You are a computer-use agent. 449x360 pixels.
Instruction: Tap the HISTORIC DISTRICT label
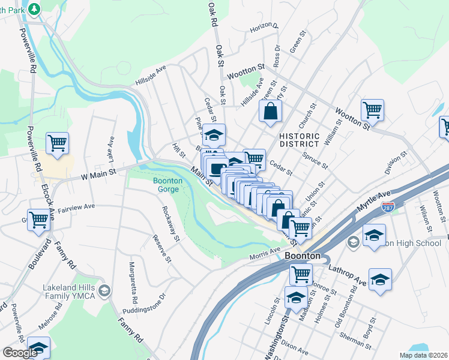pyautogui.click(x=299, y=140)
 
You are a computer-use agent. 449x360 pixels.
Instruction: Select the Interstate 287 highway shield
pyautogui.click(x=388, y=207)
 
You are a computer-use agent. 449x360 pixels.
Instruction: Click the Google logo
pyautogui.click(x=20, y=353)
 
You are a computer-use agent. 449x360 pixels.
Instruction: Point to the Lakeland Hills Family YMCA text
pyautogui.click(x=70, y=292)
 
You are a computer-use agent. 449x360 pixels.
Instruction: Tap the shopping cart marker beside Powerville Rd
pyautogui.click(x=58, y=144)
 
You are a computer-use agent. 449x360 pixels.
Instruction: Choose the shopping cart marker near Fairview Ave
pyautogui.click(x=38, y=220)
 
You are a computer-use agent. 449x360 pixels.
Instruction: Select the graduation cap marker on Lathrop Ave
pyautogui.click(x=380, y=280)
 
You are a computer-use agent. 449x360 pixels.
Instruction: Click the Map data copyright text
pyautogui.click(x=423, y=355)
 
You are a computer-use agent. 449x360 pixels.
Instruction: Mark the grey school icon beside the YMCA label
pyautogui.click(x=104, y=292)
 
